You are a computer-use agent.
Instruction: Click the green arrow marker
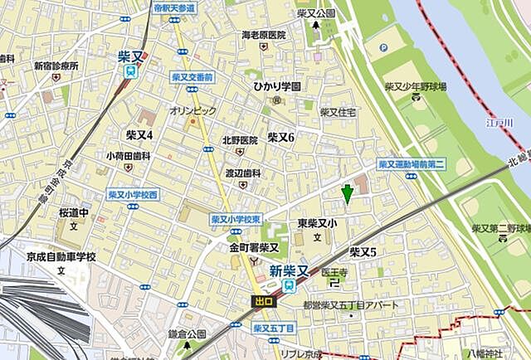pos(347,192)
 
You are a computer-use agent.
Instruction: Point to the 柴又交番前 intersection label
pos(192,76)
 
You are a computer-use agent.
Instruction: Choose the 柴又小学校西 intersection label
pos(133,195)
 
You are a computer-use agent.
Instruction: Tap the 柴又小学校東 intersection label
pos(236,219)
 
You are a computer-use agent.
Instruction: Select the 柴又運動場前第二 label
pos(412,165)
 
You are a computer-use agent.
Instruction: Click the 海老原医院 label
pos(263,36)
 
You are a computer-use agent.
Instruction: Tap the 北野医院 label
pos(239,139)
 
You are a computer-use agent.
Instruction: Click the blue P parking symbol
pos(382,48)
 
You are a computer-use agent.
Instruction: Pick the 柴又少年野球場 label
pos(416,86)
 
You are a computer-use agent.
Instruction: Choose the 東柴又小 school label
pos(317,223)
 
